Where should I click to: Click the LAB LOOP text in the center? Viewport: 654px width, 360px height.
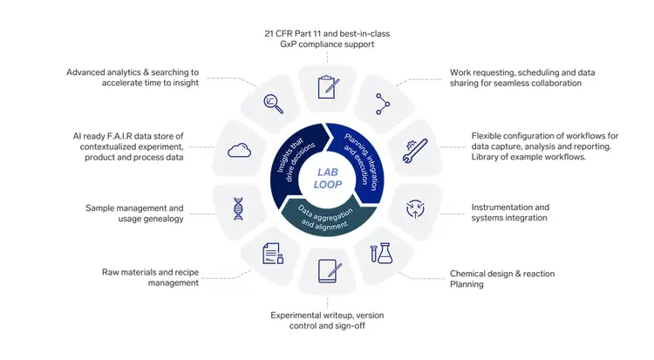tap(327, 179)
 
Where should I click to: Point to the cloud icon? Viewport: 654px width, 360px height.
tap(239, 151)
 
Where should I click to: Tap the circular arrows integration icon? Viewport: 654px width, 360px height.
tap(416, 208)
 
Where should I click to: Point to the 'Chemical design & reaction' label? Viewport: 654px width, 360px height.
tap(501, 274)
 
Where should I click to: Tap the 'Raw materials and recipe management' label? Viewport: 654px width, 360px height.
tap(147, 277)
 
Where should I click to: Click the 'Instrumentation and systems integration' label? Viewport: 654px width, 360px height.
tap(510, 212)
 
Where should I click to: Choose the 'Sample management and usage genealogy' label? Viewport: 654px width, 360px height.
tap(135, 214)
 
